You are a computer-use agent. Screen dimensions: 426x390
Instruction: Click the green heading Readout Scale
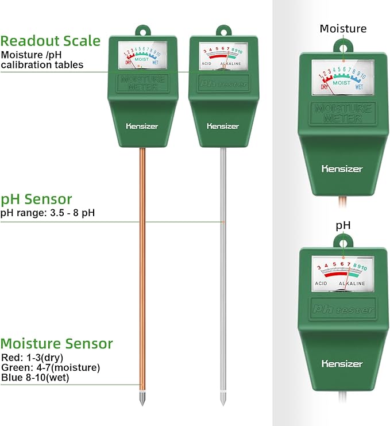51,41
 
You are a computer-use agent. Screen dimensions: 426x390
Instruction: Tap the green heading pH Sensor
36,199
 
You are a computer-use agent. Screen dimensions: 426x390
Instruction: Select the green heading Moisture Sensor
56,344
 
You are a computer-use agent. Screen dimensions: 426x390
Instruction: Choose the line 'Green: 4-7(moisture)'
51,367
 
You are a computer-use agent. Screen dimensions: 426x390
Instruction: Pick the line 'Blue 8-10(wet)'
34,377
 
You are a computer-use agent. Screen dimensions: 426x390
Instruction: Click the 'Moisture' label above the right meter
343,29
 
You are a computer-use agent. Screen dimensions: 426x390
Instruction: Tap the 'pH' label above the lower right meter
343,226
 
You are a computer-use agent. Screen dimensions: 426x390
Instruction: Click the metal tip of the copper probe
141,398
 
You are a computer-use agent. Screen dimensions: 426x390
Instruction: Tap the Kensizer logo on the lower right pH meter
342,363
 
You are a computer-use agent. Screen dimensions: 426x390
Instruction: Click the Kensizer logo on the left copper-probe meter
141,126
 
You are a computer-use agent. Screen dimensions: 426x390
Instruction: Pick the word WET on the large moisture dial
359,88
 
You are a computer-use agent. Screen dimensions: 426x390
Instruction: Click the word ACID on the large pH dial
321,284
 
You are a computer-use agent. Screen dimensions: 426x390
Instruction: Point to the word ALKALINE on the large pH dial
352,284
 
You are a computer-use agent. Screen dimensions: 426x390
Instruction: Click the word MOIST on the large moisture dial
343,82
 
